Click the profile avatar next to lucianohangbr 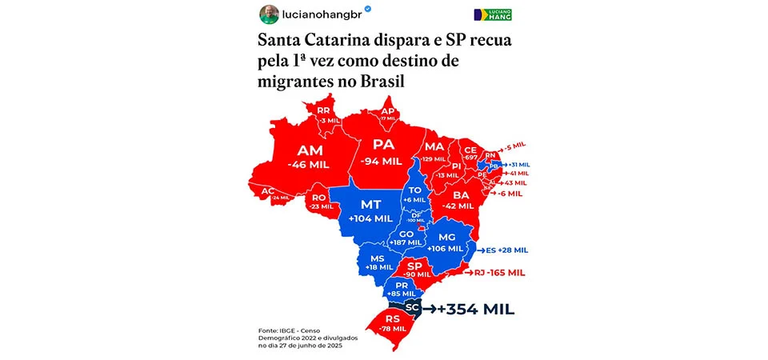(x=270, y=14)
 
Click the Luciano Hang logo (x=493, y=15)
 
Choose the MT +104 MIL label (x=370, y=210)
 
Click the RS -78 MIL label (x=394, y=323)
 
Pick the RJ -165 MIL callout (x=499, y=273)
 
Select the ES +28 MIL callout (x=502, y=250)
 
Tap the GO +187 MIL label (x=406, y=238)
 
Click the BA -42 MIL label (x=460, y=199)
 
